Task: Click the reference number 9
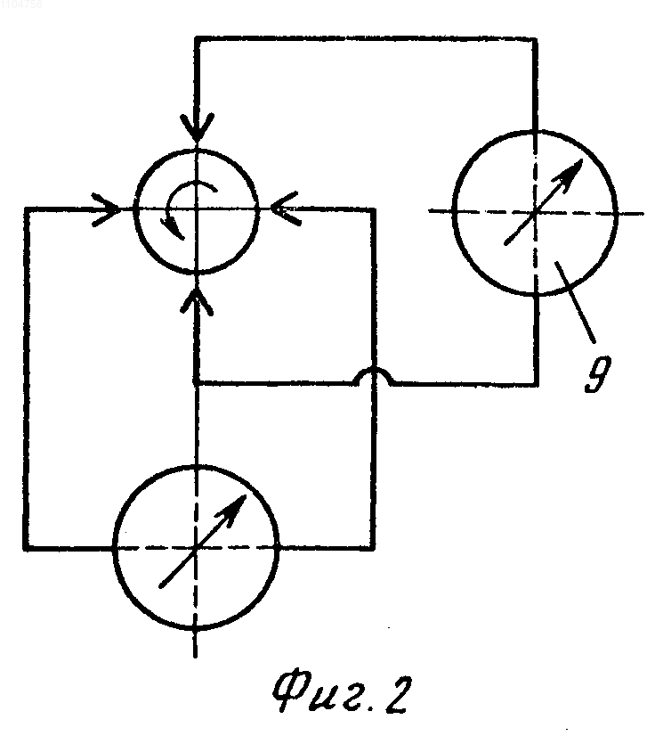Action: click(597, 373)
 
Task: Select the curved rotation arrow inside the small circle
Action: click(186, 208)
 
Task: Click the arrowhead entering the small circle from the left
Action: click(109, 208)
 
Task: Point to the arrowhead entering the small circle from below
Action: click(197, 300)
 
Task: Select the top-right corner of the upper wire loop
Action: click(535, 39)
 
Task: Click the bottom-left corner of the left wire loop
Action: click(27, 548)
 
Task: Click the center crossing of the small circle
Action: click(197, 208)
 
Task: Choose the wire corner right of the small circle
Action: click(374, 208)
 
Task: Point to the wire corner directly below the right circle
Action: click(536, 383)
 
